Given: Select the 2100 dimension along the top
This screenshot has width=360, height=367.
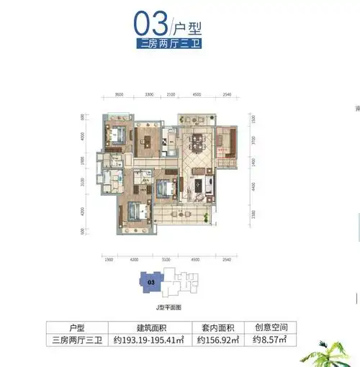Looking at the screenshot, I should tap(171, 94).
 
